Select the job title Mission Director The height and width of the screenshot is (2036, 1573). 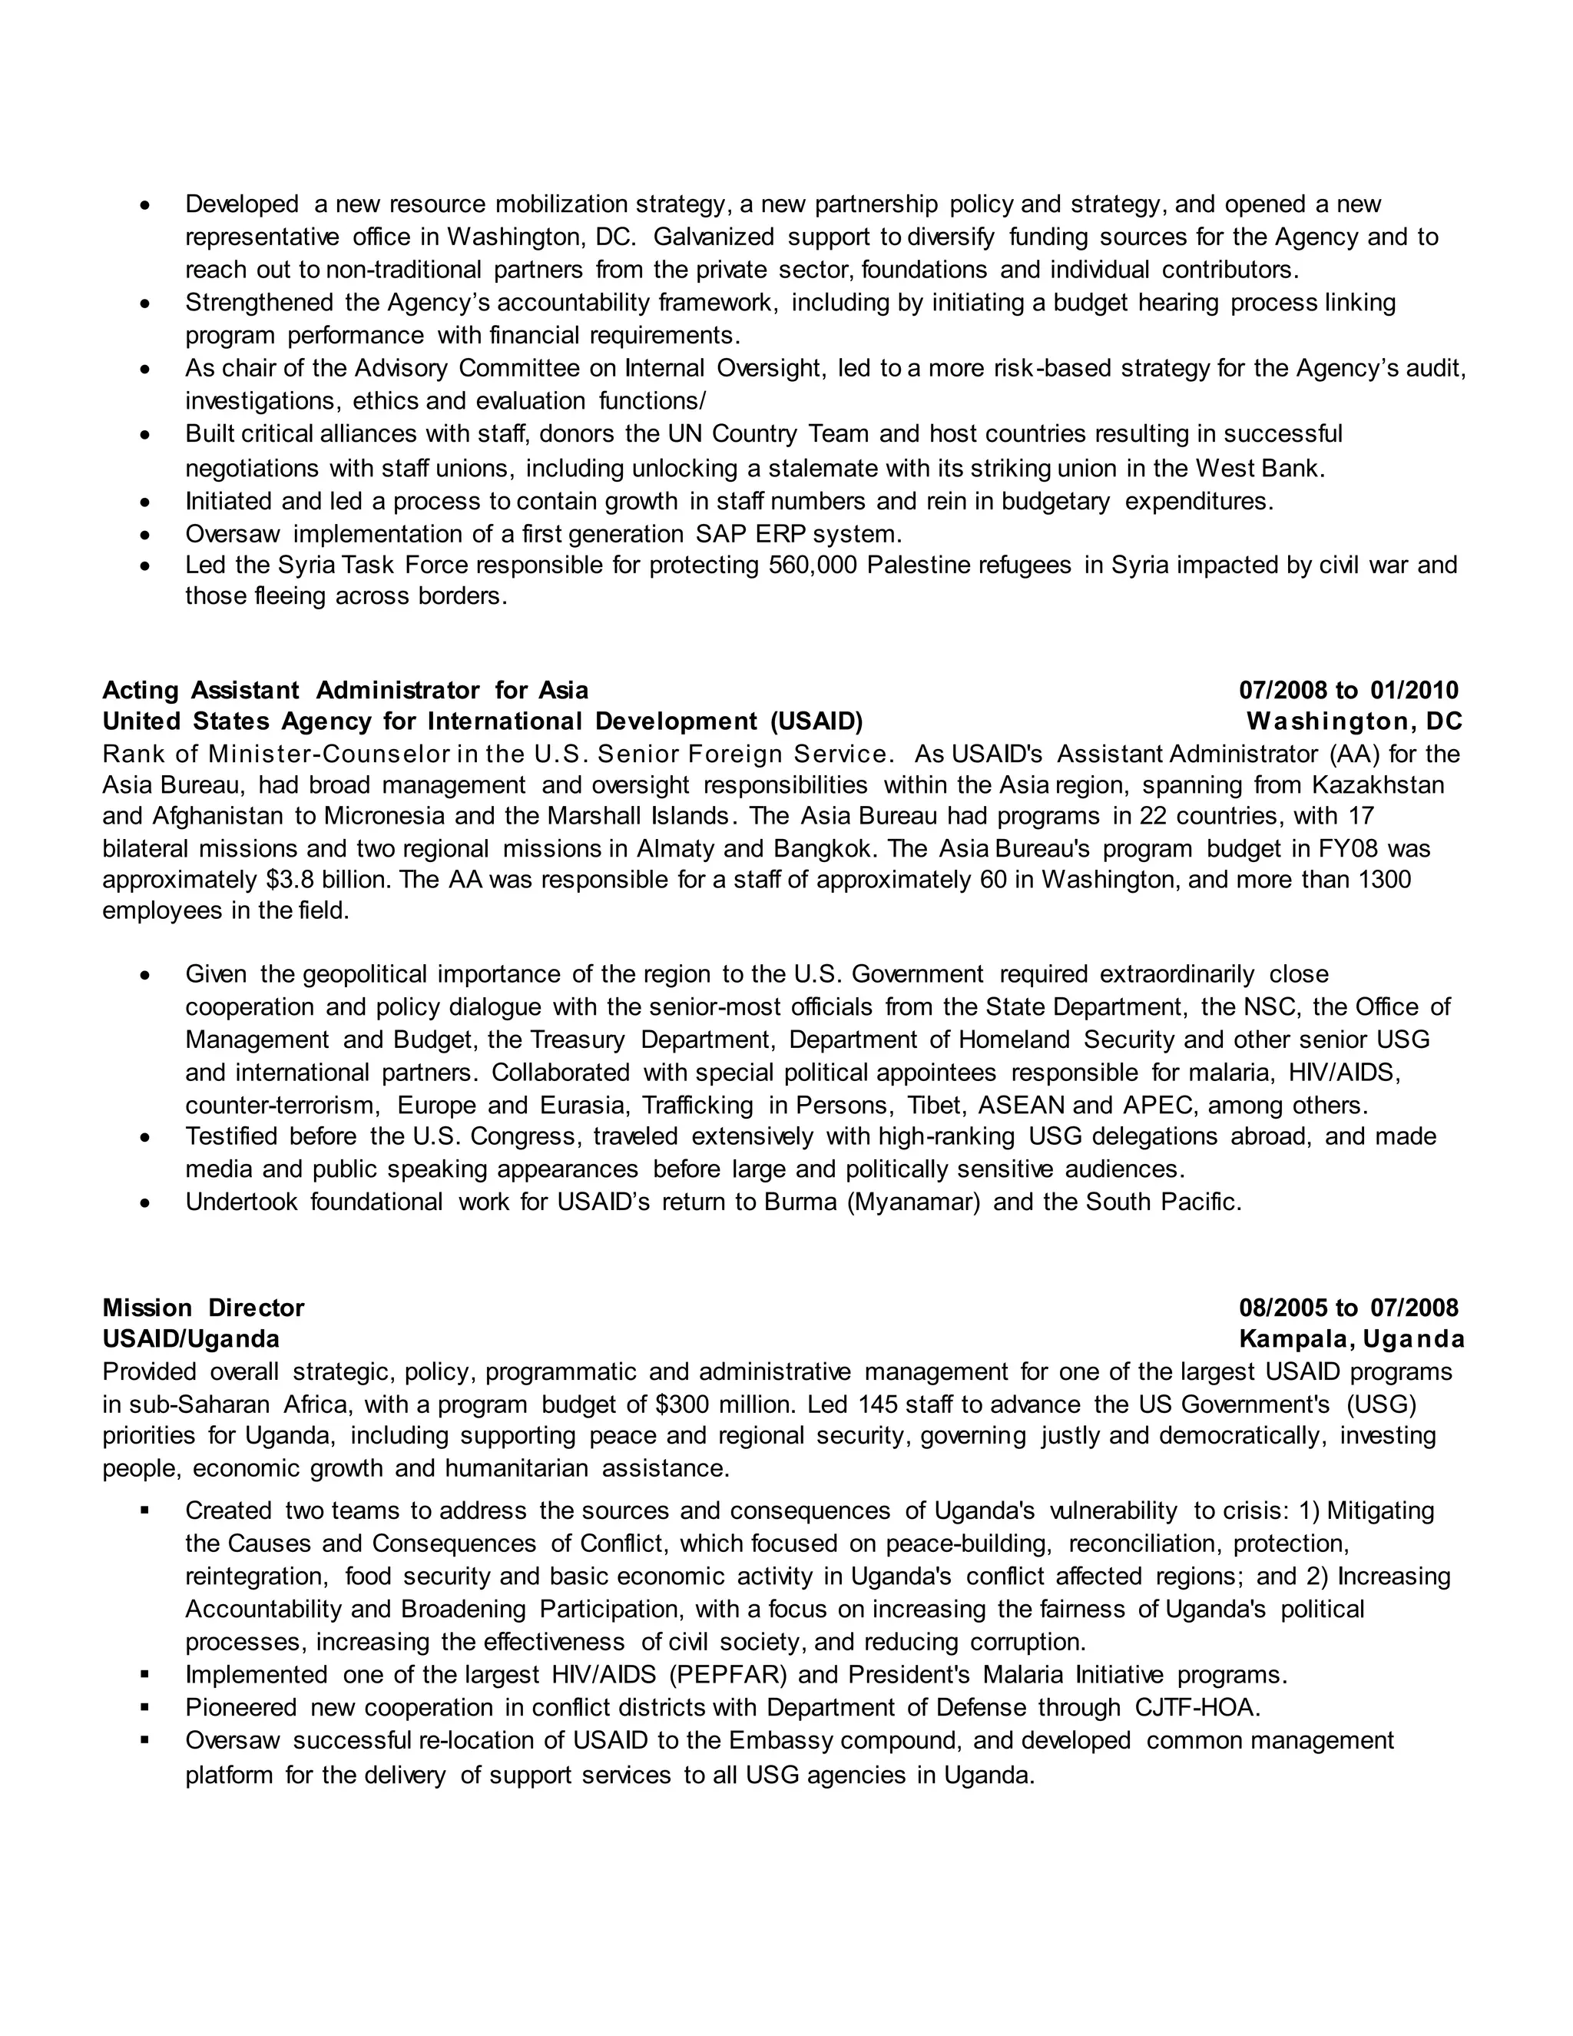pos(203,1307)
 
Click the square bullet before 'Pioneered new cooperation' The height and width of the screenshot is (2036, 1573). pos(144,1707)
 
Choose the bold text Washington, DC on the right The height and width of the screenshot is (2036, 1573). pos(1354,721)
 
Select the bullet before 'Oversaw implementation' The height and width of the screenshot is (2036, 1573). pos(144,535)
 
